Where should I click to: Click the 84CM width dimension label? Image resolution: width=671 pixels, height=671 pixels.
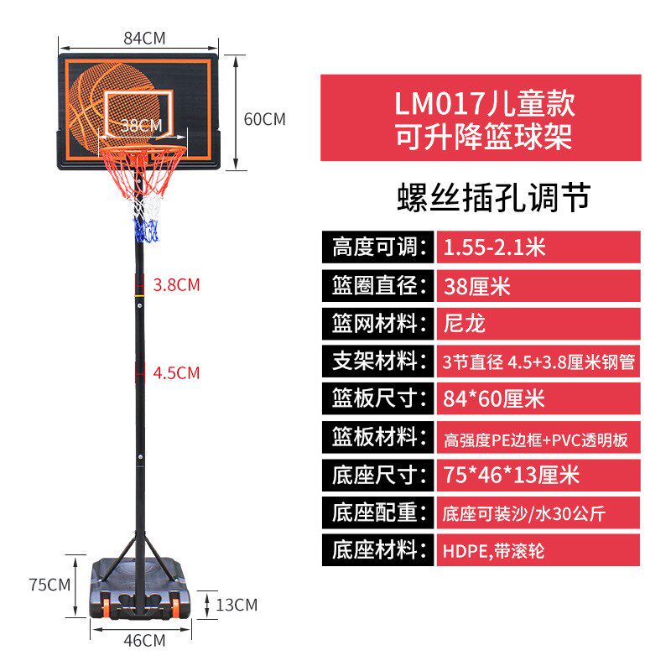click(x=144, y=38)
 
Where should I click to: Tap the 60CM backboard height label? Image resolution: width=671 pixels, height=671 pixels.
click(x=264, y=119)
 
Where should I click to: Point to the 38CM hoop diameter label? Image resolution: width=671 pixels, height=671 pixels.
click(x=140, y=125)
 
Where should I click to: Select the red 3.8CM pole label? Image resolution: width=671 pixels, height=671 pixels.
click(x=176, y=284)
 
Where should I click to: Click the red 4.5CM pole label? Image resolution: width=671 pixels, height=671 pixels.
click(x=176, y=372)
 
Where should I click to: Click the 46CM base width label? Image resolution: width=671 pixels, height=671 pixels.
click(x=144, y=642)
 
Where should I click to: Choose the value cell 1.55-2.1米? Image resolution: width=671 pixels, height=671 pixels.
click(x=537, y=247)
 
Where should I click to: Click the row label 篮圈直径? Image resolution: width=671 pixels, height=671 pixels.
click(x=375, y=285)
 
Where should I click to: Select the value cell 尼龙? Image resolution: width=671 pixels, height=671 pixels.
click(x=537, y=324)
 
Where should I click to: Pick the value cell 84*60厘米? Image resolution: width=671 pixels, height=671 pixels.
click(x=537, y=400)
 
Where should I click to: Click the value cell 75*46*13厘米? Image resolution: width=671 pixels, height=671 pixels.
click(x=537, y=476)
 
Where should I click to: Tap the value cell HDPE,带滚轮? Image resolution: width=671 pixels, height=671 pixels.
click(x=537, y=551)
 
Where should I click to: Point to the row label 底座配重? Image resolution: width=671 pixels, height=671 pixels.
click(x=375, y=513)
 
